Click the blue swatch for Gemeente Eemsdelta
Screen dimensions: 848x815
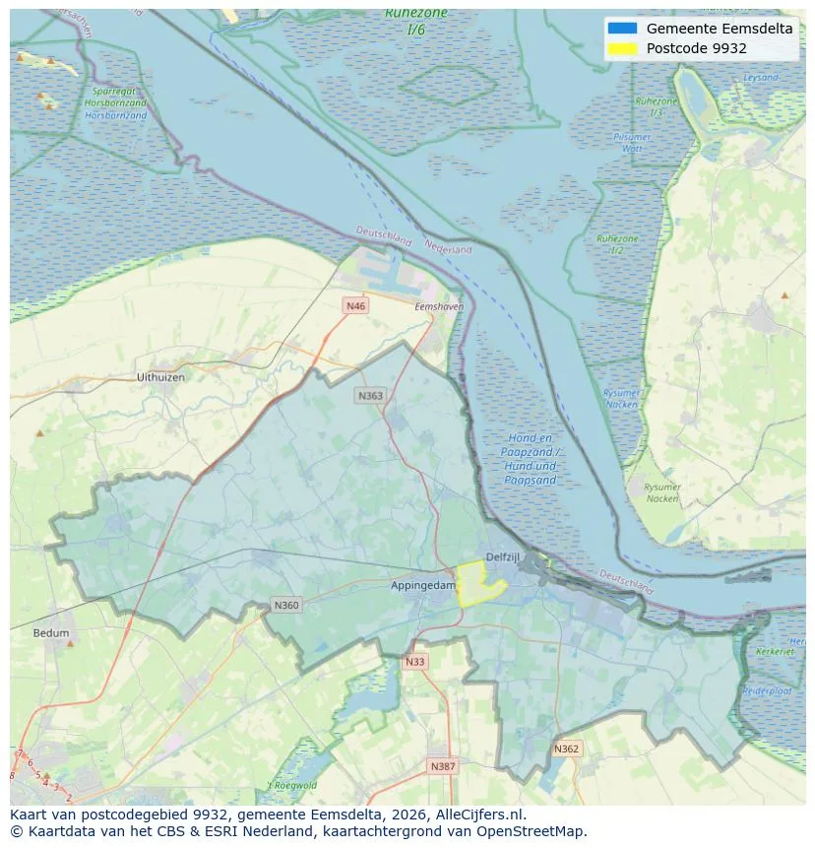(x=623, y=29)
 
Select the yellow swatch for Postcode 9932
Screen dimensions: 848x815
(x=623, y=48)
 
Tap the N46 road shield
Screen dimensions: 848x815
(x=355, y=306)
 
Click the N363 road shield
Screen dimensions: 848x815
(x=369, y=395)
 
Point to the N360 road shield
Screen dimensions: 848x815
(x=286, y=605)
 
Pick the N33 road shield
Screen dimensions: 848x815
(x=414, y=662)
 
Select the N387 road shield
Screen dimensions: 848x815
(x=442, y=765)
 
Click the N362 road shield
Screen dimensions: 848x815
(x=566, y=749)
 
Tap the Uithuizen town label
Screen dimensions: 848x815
(x=160, y=377)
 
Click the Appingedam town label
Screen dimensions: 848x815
(x=422, y=585)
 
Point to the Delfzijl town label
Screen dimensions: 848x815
(x=502, y=556)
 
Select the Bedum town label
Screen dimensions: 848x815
(x=51, y=633)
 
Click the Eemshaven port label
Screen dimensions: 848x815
(x=438, y=307)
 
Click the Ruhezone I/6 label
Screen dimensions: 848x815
(x=415, y=21)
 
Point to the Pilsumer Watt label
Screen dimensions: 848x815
(x=631, y=143)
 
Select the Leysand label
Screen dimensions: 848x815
(x=760, y=77)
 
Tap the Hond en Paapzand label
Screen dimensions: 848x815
(x=531, y=458)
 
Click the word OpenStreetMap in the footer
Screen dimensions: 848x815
(x=538, y=831)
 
